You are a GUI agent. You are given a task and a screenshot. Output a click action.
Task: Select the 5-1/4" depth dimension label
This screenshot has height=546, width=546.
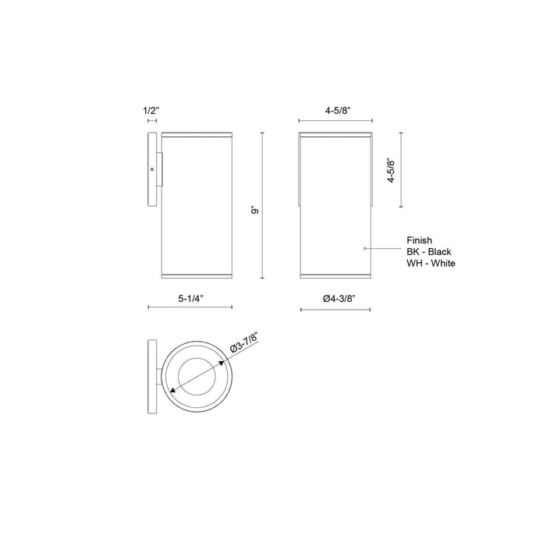click(191, 297)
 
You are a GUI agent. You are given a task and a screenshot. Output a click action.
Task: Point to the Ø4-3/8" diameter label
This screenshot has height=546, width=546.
click(338, 297)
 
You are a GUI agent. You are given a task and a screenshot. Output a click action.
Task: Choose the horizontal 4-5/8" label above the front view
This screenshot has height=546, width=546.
click(337, 111)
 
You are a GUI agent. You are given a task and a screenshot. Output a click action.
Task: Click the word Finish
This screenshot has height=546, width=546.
click(419, 241)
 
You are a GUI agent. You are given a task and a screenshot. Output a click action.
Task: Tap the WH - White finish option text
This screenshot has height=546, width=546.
click(431, 264)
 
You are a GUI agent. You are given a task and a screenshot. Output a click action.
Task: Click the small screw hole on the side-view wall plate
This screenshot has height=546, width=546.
click(152, 168)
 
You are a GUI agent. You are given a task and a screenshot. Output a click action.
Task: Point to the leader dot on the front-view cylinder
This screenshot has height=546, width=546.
click(365, 247)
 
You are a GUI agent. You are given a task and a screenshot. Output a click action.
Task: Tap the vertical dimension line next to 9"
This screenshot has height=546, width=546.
click(262, 204)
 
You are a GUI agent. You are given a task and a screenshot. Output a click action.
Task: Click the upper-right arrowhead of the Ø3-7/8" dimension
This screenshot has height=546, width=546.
click(223, 362)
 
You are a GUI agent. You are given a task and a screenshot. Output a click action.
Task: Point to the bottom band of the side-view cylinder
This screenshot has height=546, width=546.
click(196, 275)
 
